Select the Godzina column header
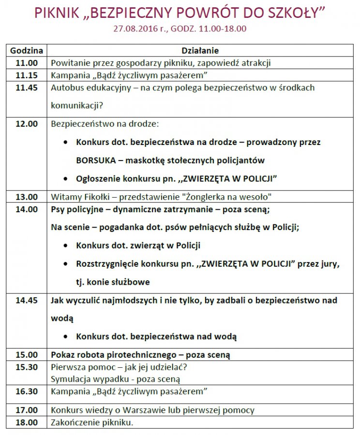pos(27,50)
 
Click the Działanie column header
pos(200,50)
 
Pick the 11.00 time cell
pos(27,63)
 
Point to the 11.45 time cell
pos(27,87)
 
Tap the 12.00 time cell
pos(27,124)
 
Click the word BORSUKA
pos(94,160)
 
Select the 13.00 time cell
pos(27,197)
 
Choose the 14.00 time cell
pos(27,209)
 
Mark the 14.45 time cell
pos(27,300)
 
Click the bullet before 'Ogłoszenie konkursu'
pos(66,179)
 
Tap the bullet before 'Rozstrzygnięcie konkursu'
pos(66,264)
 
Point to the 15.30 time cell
pos(27,367)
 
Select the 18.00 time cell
pos(27,422)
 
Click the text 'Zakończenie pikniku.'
pos(92,422)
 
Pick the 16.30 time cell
pos(27,391)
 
